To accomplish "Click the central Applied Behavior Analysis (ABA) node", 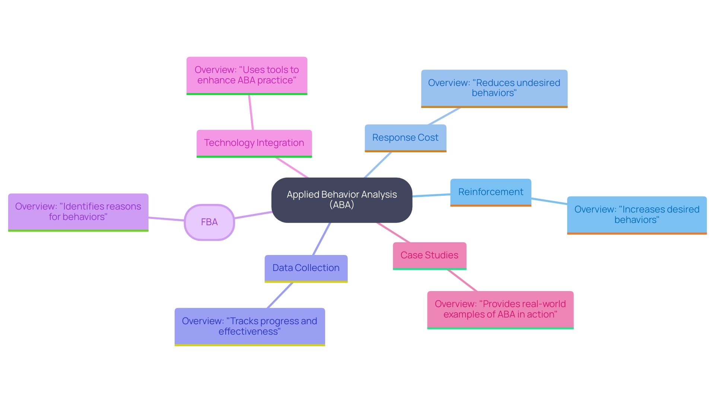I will point(341,200).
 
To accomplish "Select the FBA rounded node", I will point(209,222).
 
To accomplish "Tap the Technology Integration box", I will point(254,143).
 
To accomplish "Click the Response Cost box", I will point(405,138).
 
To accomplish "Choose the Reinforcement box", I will point(490,192).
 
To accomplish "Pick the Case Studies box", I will point(429,255).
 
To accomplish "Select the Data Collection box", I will point(306,268).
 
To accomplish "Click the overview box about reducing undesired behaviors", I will point(494,88).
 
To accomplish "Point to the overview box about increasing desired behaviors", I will point(636,215).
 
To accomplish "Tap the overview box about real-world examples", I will point(500,309).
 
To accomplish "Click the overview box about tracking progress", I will point(250,326).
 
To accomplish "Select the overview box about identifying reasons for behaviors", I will point(78,212).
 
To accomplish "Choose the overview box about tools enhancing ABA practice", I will point(247,75).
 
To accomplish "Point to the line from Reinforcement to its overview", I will point(549,201).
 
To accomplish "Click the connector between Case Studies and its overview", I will point(462,280).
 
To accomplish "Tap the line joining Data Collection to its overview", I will point(280,295).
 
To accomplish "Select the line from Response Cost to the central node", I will point(378,165).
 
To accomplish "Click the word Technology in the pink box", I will point(229,143).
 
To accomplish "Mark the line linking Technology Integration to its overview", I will point(251,112).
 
